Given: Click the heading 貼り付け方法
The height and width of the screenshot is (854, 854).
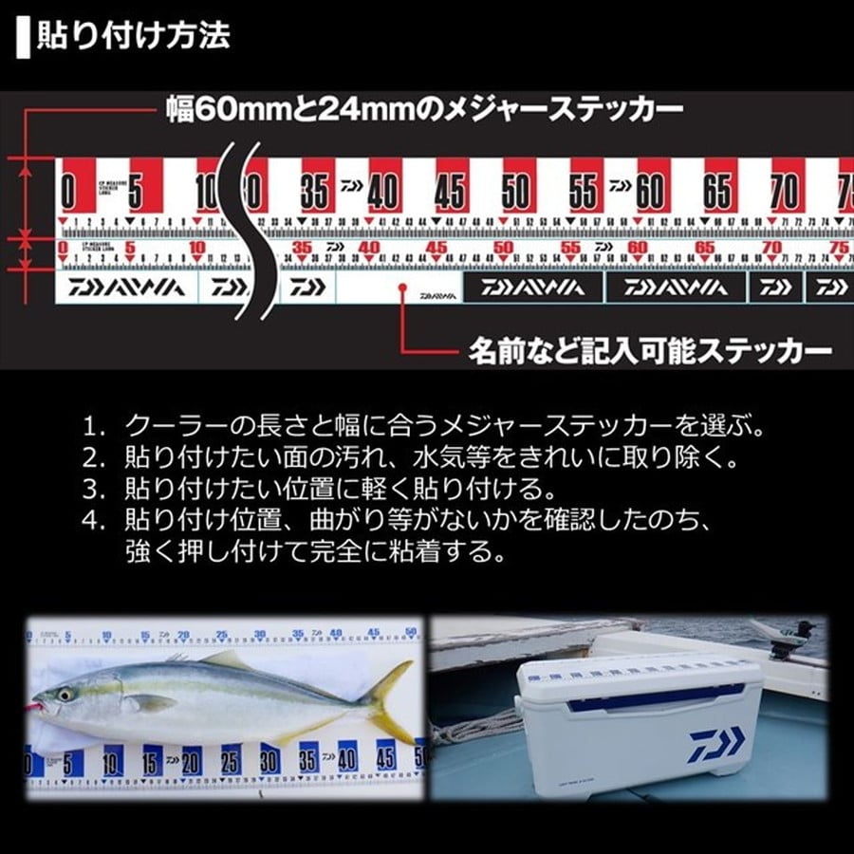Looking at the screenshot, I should click(x=133, y=37).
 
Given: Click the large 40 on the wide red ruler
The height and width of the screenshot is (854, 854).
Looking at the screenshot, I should click(x=382, y=193).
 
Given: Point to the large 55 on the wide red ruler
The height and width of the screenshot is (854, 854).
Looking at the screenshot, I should click(x=583, y=193).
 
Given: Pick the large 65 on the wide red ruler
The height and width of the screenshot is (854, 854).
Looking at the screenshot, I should click(x=717, y=193).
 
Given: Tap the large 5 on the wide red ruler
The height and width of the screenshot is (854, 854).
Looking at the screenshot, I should click(x=135, y=193).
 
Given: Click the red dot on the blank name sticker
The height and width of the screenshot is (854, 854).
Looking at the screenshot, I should click(x=403, y=295).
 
